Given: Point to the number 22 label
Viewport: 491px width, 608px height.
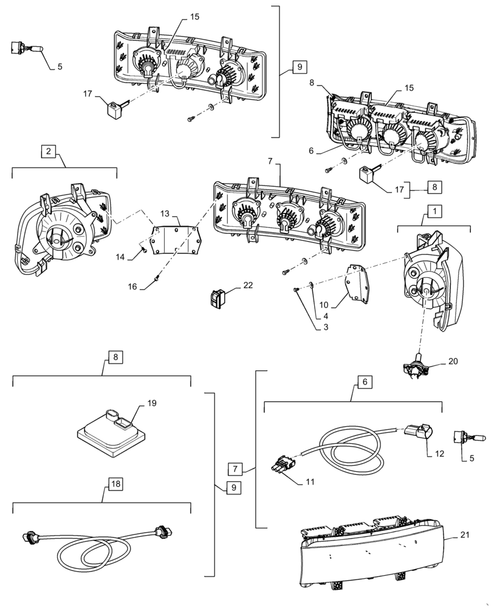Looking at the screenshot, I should [x=248, y=285].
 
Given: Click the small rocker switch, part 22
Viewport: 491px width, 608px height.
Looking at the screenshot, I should [x=217, y=297].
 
